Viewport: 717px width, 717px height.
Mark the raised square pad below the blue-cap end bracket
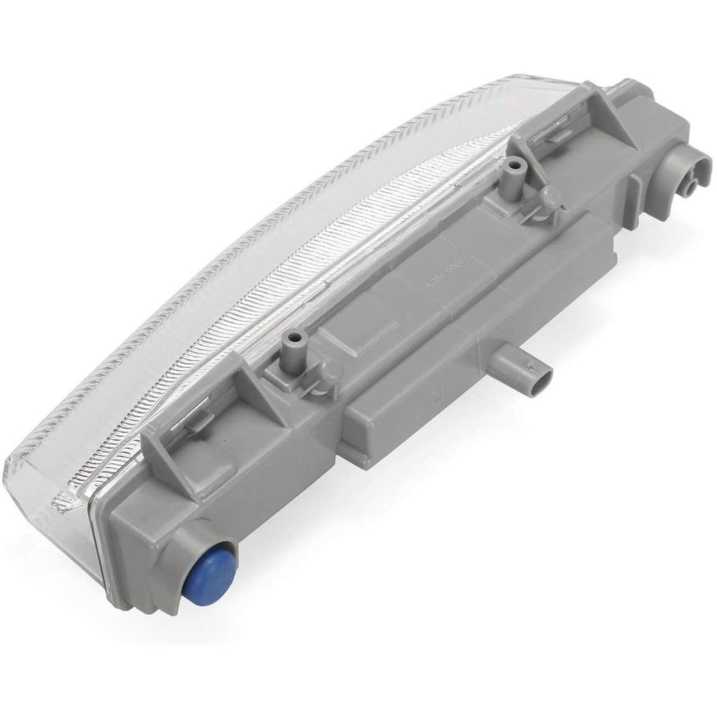tap(210, 476)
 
